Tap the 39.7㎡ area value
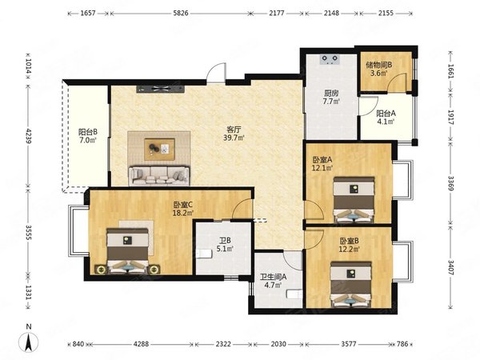234,138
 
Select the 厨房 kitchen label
331,93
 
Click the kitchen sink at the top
330,59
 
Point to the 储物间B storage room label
379,65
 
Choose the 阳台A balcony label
386,114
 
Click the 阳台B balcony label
88,132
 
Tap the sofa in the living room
159,176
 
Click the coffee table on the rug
159,149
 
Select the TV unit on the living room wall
161,89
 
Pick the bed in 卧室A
354,199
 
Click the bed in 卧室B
351,284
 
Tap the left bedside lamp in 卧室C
102,270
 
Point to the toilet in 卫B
204,254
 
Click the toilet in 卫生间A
294,294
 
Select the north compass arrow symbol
29,342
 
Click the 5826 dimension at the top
180,13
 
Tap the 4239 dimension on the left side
29,136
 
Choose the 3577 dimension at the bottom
349,344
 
